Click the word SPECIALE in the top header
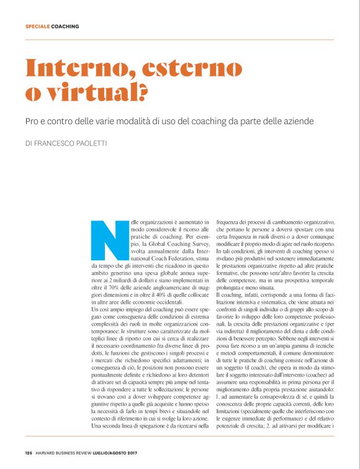37,27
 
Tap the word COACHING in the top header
65,27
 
